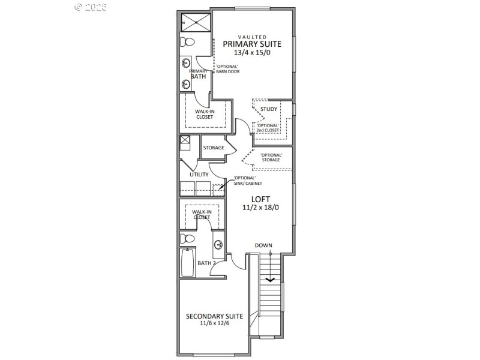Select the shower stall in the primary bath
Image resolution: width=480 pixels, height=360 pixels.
(196, 22)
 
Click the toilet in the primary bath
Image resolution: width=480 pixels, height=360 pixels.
(188, 43)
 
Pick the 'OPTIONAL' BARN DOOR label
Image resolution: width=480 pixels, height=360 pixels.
(228, 68)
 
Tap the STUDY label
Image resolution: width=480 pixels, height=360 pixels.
(268, 109)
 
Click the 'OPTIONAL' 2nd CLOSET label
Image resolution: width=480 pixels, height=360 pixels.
(268, 128)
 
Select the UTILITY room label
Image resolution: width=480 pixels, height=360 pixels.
(199, 175)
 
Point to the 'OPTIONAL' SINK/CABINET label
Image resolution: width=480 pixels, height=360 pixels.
(245, 181)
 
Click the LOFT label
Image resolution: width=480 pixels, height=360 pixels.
(260, 199)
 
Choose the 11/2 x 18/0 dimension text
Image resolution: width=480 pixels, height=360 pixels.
(260, 208)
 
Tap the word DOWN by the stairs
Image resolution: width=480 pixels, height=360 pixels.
(263, 245)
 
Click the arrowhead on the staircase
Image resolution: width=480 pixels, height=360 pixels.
(270, 278)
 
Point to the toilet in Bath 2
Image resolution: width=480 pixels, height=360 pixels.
(187, 239)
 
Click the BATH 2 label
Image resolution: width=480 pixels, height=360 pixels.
(207, 263)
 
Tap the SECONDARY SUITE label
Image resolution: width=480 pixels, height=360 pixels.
(214, 316)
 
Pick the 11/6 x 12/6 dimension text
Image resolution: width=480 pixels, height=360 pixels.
(214, 323)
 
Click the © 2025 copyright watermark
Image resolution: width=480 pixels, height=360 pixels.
(91, 7)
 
